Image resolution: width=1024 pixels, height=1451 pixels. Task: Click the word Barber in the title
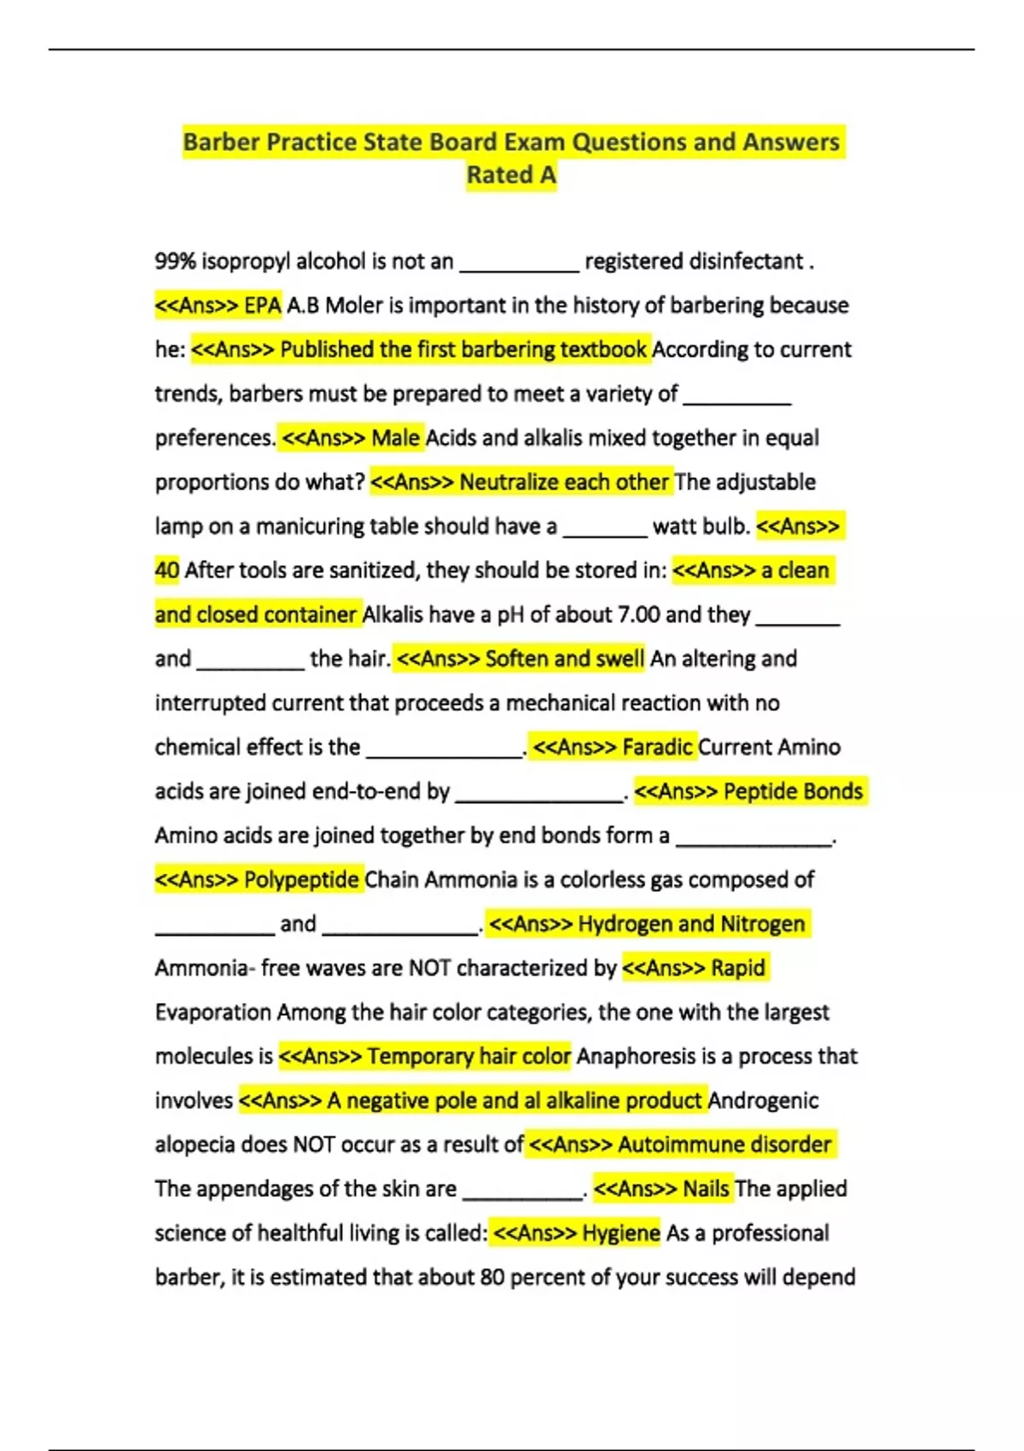click(221, 142)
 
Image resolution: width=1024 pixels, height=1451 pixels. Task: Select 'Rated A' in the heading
click(511, 175)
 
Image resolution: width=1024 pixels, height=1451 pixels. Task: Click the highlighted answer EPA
click(262, 306)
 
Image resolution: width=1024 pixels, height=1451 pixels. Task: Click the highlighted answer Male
click(395, 438)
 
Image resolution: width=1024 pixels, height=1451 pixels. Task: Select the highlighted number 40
click(166, 570)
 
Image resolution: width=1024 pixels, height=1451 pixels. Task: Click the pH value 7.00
click(627, 615)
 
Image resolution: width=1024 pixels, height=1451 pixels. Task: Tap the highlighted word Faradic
click(656, 748)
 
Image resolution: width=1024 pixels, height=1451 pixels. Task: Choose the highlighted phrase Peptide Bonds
click(793, 791)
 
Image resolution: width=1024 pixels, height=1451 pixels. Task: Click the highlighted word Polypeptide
click(301, 880)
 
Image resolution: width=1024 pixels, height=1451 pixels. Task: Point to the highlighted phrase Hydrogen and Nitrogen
click(691, 924)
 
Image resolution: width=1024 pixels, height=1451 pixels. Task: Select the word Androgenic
click(763, 1101)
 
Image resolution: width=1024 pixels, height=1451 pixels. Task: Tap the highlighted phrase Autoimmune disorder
click(724, 1145)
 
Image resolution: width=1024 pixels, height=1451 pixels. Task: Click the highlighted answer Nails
click(706, 1189)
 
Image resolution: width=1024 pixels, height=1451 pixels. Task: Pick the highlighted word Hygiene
click(620, 1233)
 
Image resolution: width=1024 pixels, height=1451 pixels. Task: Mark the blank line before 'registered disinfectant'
click(519, 268)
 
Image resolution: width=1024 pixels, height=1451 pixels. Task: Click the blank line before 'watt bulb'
click(605, 533)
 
